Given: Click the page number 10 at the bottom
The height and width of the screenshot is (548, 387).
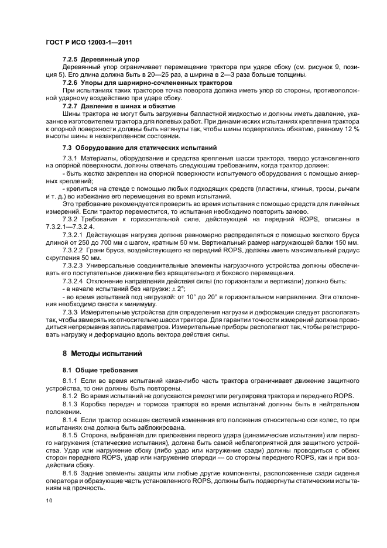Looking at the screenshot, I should tap(49, 500).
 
